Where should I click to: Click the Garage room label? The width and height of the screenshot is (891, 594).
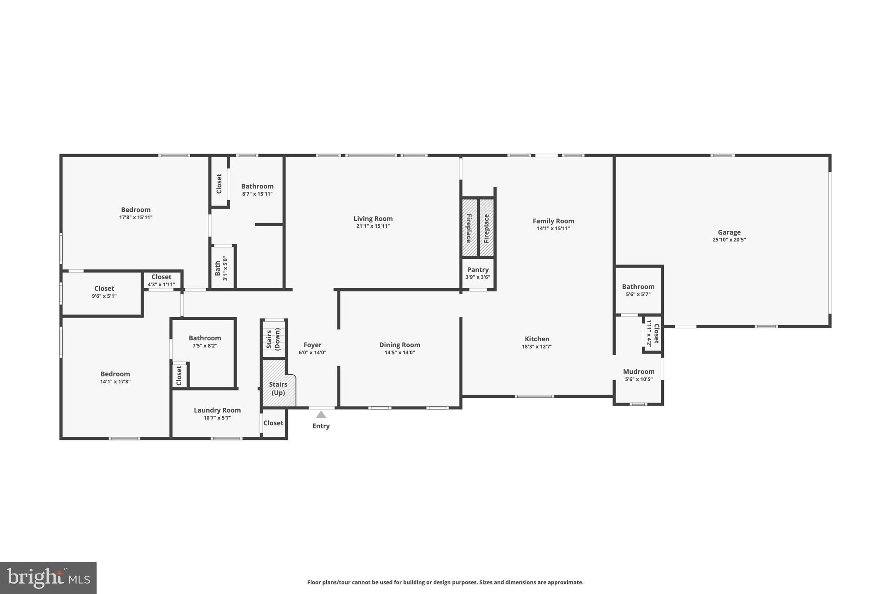tap(729, 232)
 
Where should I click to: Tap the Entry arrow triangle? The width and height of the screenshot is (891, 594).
tap(321, 415)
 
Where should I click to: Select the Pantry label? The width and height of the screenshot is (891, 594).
tap(478, 270)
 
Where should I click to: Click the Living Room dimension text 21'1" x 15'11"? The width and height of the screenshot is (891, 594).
tap(373, 226)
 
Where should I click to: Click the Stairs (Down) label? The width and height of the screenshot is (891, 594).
tap(273, 339)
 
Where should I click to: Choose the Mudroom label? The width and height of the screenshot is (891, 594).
tap(638, 372)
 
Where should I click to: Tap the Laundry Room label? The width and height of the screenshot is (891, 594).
tap(217, 410)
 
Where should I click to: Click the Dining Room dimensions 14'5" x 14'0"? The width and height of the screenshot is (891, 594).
tap(399, 353)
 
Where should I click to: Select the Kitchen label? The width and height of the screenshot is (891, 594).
tap(537, 339)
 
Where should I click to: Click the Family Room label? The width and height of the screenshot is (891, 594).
tap(553, 221)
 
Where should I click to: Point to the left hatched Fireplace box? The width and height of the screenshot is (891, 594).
tap(469, 228)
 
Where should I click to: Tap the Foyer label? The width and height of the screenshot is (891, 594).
tap(312, 345)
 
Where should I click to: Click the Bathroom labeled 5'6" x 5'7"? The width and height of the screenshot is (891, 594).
tap(638, 287)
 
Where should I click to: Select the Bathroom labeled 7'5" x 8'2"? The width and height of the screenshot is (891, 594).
tap(204, 338)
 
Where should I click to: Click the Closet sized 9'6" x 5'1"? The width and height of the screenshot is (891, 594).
tap(104, 289)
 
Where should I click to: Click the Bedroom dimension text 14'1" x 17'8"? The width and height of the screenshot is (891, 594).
tap(115, 382)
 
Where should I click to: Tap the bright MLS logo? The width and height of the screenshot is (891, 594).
tap(48, 578)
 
